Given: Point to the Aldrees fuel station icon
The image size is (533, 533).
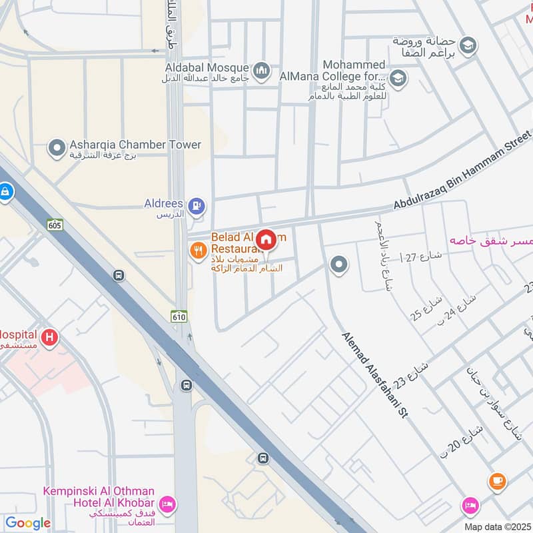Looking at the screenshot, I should [x=197, y=205].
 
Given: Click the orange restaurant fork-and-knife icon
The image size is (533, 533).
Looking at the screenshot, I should [x=198, y=251].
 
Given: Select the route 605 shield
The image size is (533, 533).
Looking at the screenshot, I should [x=55, y=225].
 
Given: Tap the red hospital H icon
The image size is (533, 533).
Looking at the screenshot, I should [x=49, y=338].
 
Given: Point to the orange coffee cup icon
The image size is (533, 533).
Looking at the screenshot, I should [x=496, y=480].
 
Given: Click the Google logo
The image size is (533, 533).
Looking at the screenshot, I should [x=28, y=523].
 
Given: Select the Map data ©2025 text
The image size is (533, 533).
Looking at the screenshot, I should [x=496, y=526].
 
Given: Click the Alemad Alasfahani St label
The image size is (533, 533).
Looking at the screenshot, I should [x=374, y=375].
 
